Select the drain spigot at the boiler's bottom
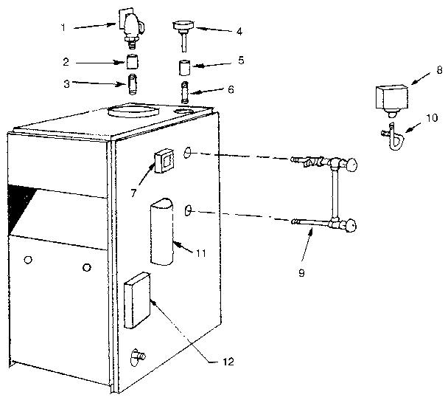click(137, 356)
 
